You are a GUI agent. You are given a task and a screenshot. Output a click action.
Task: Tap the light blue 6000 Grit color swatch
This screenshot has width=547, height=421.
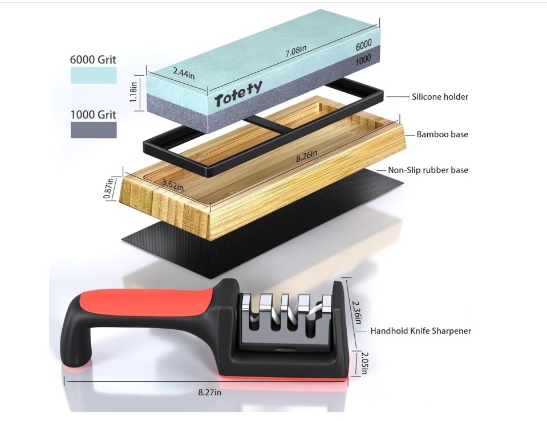[94, 75]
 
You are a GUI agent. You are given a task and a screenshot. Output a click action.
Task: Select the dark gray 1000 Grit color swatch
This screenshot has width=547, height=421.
[94, 129]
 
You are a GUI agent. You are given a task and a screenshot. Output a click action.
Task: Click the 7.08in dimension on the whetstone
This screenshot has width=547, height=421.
[296, 52]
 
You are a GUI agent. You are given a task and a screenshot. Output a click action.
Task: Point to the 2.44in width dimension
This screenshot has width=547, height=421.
[184, 72]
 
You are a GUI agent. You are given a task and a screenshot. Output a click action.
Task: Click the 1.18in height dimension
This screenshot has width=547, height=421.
[133, 90]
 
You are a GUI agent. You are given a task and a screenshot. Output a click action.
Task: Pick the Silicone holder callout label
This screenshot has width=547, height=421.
[440, 97]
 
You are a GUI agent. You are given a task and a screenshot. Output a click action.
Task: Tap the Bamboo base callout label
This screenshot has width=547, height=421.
[442, 134]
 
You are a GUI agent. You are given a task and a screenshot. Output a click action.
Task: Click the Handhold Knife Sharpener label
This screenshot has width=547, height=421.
[420, 330]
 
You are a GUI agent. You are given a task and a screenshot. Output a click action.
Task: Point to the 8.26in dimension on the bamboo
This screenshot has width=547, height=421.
[307, 157]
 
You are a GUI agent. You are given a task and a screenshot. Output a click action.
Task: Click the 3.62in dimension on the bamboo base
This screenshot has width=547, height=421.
[172, 185]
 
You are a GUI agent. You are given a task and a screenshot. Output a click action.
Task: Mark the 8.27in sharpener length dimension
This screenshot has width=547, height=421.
[210, 392]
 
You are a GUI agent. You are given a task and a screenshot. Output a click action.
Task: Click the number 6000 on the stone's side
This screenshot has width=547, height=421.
[363, 43]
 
